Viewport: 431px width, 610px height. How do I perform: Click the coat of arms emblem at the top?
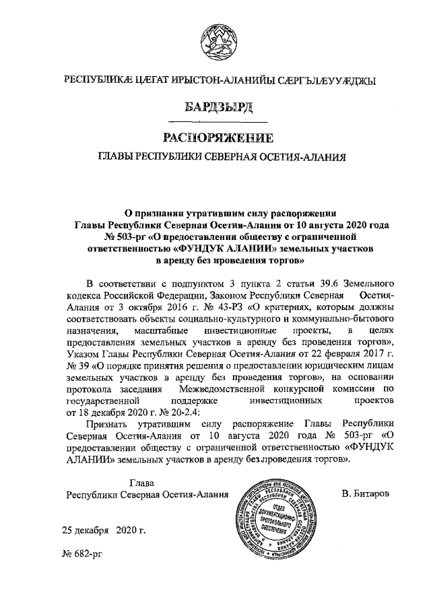[215, 38]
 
